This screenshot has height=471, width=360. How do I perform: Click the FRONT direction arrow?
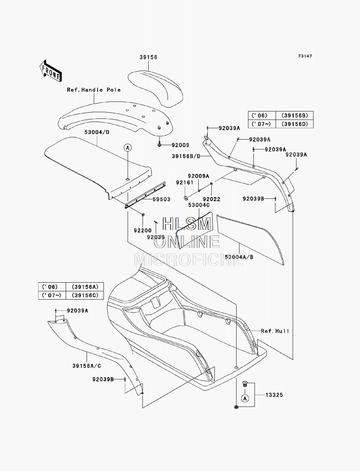point(51,71)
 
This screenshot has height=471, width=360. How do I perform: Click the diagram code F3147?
point(305,56)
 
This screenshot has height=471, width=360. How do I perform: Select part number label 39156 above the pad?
point(148,57)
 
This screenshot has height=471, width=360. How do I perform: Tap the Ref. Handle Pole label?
point(94,90)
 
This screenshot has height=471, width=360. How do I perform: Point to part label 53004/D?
point(97,132)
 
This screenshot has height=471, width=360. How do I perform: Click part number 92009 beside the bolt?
point(180,145)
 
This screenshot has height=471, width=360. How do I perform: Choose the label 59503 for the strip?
point(162,199)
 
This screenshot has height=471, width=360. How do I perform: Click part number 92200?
point(143,230)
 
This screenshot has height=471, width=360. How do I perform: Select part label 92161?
point(185,183)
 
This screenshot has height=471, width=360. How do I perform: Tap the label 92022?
point(212,199)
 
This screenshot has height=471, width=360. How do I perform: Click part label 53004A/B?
point(239,257)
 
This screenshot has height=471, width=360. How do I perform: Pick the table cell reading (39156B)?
point(294,116)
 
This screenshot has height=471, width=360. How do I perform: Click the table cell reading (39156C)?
point(85,295)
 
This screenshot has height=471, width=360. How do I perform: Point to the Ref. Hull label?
point(275,331)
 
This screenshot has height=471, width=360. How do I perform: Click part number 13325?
point(274,395)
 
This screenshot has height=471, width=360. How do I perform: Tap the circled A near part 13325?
point(245,399)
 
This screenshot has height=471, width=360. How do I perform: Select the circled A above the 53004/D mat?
point(128,148)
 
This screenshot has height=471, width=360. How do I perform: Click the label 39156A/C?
point(87,366)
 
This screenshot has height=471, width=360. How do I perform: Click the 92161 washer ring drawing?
point(186,197)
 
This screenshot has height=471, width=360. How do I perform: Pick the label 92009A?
point(198,176)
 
